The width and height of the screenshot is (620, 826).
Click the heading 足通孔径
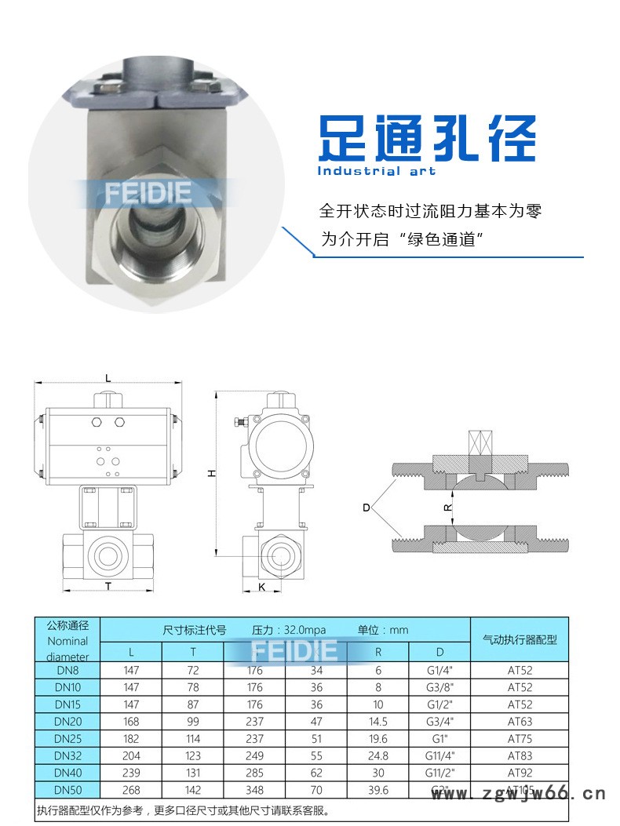pyautogui.click(x=426, y=139)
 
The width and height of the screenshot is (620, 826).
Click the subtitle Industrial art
pyautogui.click(x=376, y=171)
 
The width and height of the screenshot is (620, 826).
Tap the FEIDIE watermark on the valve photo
pyautogui.click(x=147, y=193)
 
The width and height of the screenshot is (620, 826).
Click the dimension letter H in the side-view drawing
pyautogui.click(x=210, y=473)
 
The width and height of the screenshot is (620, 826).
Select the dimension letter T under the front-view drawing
pyautogui.click(x=108, y=587)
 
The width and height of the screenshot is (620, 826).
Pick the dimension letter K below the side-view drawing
pyautogui.click(x=262, y=587)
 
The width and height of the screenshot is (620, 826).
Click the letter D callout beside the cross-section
pyautogui.click(x=366, y=508)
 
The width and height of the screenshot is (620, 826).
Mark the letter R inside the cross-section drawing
pyautogui.click(x=448, y=508)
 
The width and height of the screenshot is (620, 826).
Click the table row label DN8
pyautogui.click(x=67, y=671)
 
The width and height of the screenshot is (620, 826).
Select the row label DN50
pyautogui.click(x=67, y=790)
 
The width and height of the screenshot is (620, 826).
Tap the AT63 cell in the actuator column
pyautogui.click(x=520, y=722)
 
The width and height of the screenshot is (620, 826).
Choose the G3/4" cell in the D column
pyautogui.click(x=439, y=722)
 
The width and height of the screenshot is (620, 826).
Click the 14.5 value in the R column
pyautogui.click(x=377, y=722)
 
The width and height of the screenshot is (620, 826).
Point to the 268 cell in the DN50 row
pyautogui.click(x=131, y=790)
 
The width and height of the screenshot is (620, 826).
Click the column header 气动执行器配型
pyautogui.click(x=520, y=639)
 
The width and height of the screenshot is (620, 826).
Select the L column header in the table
pyautogui.click(x=131, y=651)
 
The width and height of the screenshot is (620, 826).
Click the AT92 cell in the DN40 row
pyautogui.click(x=520, y=773)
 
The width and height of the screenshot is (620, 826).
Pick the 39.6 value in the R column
pyautogui.click(x=377, y=790)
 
